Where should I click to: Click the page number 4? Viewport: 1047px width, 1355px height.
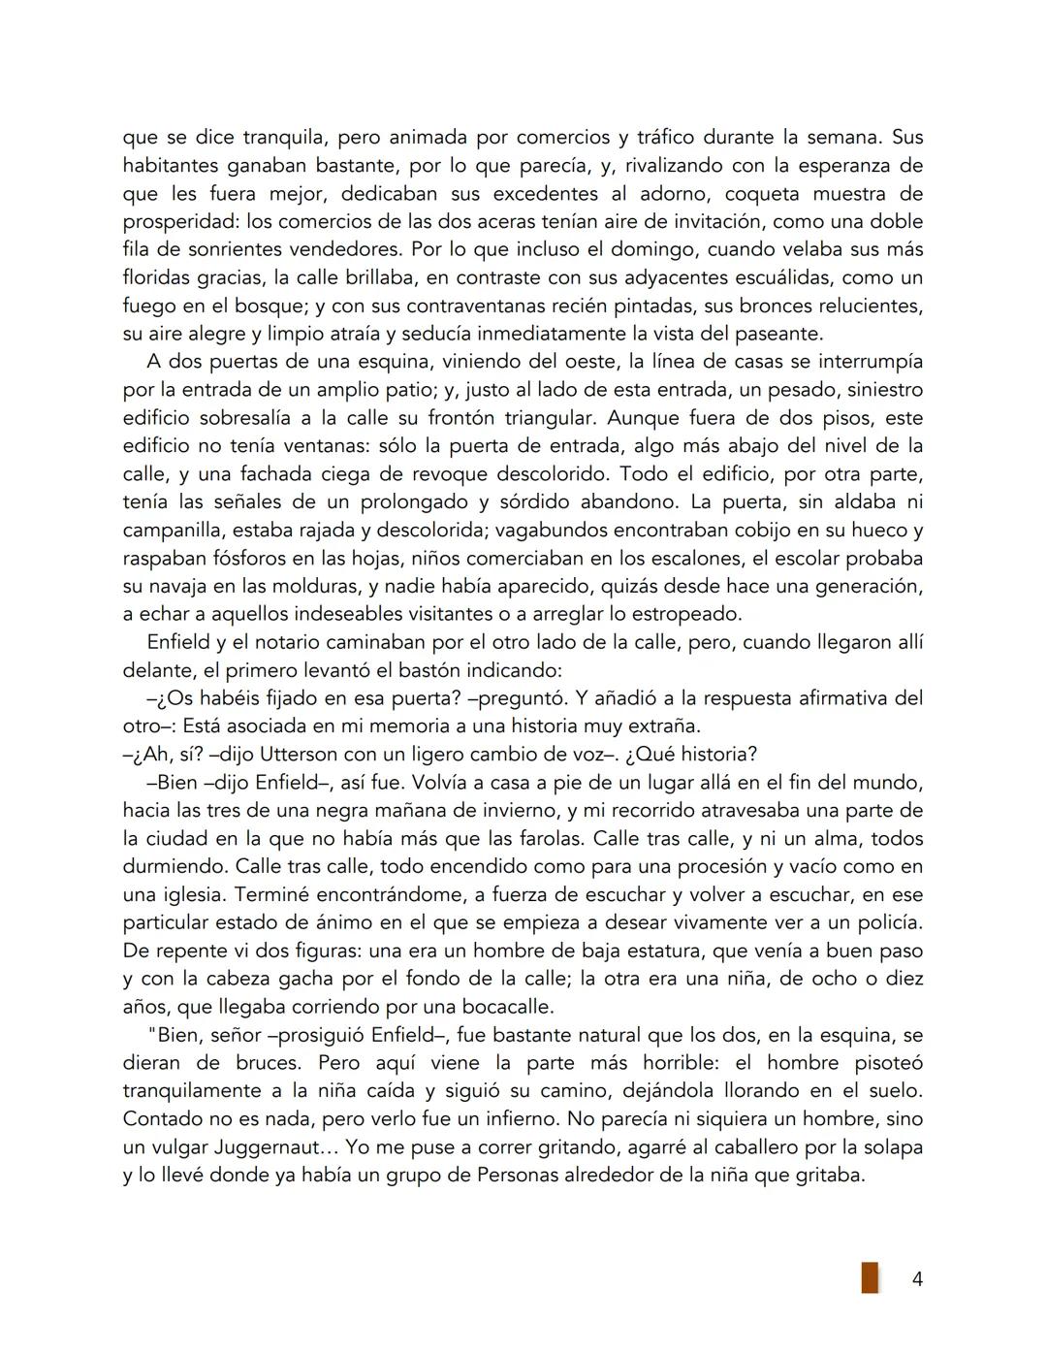[917, 1279]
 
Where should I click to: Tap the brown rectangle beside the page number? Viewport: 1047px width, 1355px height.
[870, 1277]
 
